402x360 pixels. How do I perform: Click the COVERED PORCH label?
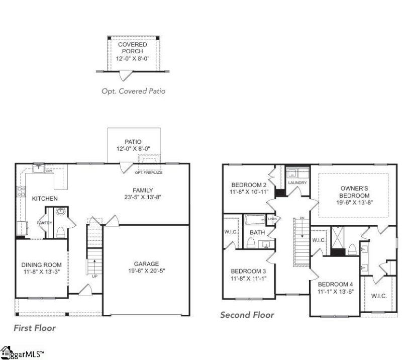[x=133, y=48]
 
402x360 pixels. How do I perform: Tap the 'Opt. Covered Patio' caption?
[x=133, y=91]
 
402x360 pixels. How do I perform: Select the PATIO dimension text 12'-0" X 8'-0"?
[x=134, y=149]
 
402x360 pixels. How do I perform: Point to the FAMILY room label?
[x=143, y=190]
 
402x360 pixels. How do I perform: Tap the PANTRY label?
[x=44, y=223]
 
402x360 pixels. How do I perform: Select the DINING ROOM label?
[x=41, y=265]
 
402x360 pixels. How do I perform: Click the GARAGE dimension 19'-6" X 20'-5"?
[x=146, y=272]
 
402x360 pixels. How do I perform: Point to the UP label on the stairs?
[x=94, y=276]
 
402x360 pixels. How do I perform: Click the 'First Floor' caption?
[x=35, y=328]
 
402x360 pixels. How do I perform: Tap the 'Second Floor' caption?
[x=247, y=315]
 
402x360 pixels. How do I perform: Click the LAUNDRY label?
[x=297, y=183]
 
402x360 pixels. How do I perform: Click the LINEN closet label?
[x=272, y=219]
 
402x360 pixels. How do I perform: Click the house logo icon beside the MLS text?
[x=6, y=351]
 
